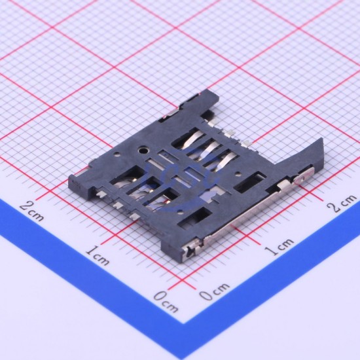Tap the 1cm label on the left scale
98,255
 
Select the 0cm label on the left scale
166,302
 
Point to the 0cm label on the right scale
214,291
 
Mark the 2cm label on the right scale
343,203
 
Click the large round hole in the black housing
143,151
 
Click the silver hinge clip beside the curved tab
304,176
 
